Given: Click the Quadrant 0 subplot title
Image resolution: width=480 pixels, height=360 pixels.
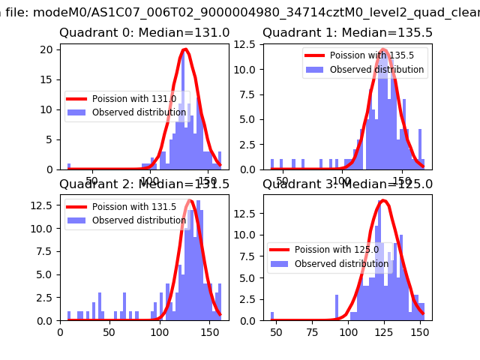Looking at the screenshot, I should point(145,33).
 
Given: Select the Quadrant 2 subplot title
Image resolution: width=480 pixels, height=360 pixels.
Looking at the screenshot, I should point(145,184).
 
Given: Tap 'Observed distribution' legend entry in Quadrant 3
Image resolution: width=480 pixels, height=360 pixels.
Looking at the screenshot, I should point(341,264).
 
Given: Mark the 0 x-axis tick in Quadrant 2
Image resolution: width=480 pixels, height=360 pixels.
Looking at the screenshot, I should point(60,331).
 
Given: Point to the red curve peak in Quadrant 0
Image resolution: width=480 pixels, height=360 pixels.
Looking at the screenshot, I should point(184,49).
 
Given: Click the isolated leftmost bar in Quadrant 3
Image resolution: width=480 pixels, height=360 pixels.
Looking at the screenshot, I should point(272,316).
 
